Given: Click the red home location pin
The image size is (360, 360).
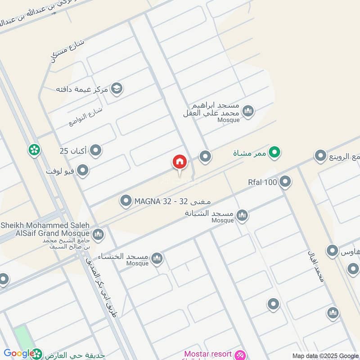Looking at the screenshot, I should [x=179, y=163].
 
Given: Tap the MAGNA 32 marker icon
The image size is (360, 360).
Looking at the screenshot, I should [x=126, y=201].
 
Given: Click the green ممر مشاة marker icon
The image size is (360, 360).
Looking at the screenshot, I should [x=275, y=153].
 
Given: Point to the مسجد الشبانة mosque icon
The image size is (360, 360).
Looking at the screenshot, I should [x=242, y=216].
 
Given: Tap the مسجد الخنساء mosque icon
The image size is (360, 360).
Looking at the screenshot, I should [x=157, y=258].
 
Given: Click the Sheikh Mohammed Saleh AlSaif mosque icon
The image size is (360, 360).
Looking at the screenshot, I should [x=98, y=234].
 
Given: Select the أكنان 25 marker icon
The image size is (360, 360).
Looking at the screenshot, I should [x=95, y=151].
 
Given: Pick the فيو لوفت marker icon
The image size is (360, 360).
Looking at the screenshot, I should [x=82, y=171].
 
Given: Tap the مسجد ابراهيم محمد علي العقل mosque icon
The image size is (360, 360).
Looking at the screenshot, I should [x=247, y=110].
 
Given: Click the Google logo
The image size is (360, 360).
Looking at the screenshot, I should [x=19, y=354].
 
